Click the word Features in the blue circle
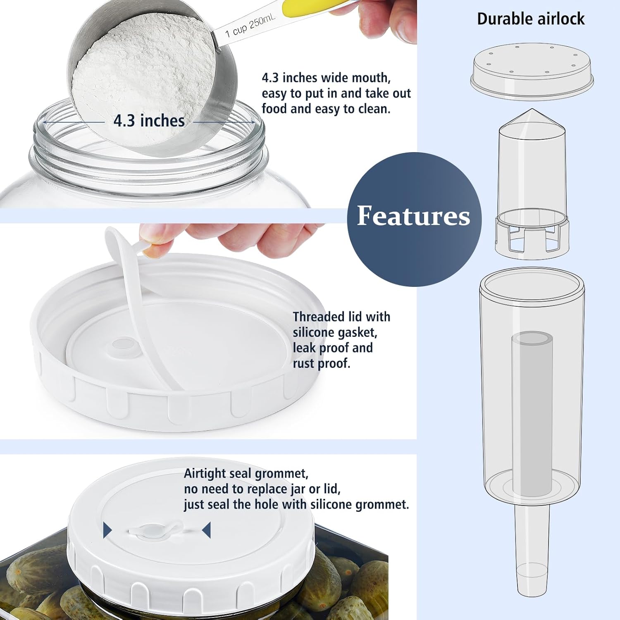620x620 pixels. coord(413,216)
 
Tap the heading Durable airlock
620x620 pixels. coord(531,19)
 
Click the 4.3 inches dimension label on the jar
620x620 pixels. coord(149,121)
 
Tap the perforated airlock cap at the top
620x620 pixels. coord(532,70)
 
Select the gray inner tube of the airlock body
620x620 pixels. coord(532,413)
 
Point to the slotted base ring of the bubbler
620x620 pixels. coord(532,238)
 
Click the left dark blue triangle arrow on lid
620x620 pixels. coord(107,530)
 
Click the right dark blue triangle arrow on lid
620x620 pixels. coord(206,530)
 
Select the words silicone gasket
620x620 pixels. coord(335,333)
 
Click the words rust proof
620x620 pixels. coord(322,364)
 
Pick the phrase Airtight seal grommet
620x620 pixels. coord(246,473)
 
